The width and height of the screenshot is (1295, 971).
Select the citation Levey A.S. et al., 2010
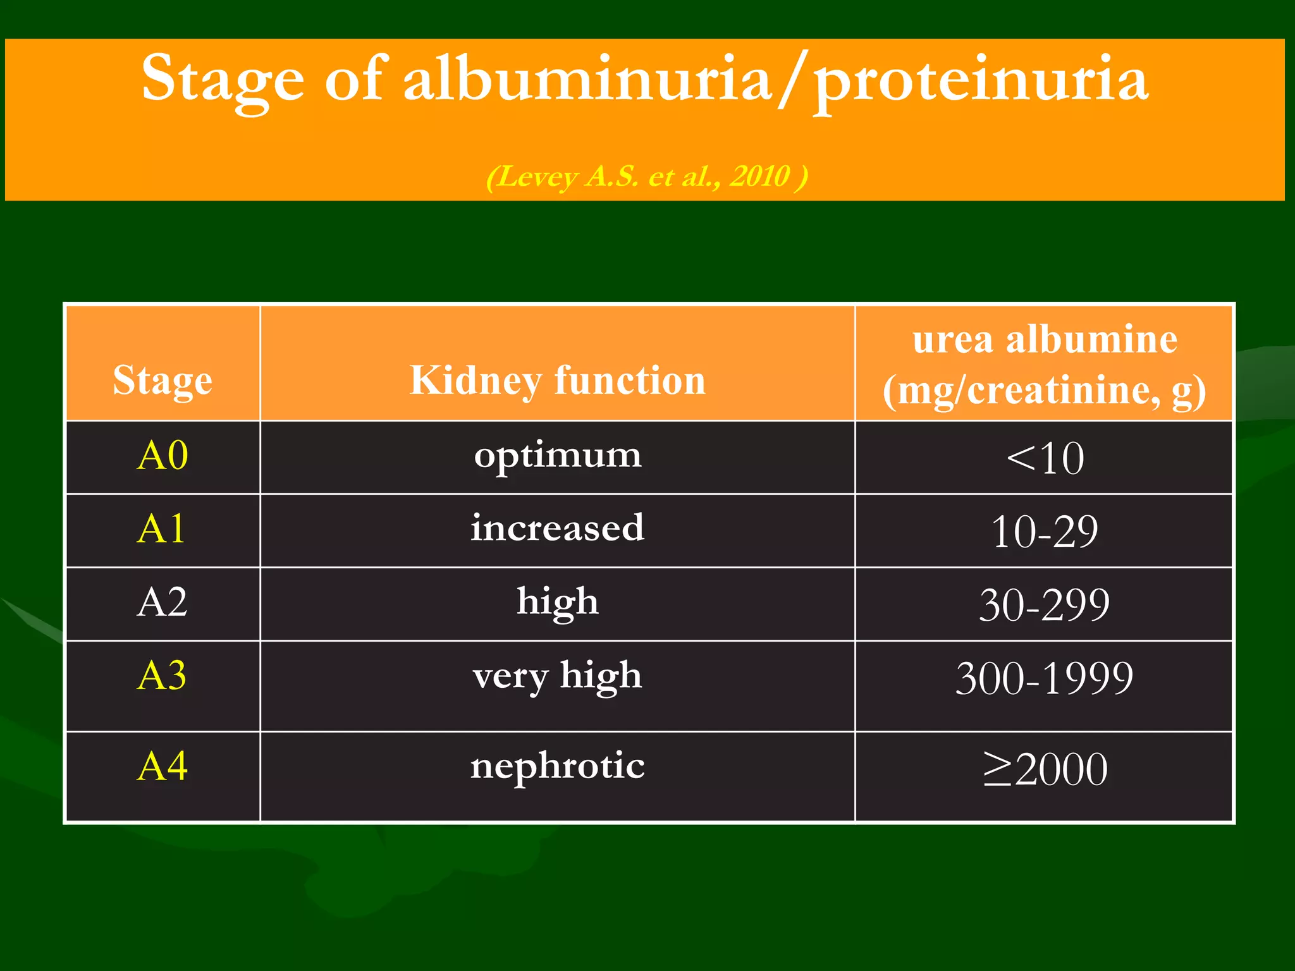(x=647, y=176)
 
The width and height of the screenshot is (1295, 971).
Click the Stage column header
(x=163, y=381)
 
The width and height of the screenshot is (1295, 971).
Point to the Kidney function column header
(x=557, y=381)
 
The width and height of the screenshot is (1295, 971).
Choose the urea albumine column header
(x=1044, y=365)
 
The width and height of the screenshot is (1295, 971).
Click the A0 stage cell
(x=163, y=456)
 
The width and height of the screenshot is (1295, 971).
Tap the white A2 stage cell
(x=162, y=602)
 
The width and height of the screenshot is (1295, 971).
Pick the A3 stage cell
(x=162, y=676)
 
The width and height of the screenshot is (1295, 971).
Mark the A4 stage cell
(x=163, y=767)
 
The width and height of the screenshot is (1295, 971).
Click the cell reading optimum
(x=557, y=456)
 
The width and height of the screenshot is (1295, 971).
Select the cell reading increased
(x=557, y=528)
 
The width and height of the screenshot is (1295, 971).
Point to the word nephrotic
(x=557, y=767)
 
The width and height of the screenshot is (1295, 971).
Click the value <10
(x=1045, y=458)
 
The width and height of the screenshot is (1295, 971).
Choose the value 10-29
(x=1045, y=532)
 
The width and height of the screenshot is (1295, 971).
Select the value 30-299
(x=1044, y=605)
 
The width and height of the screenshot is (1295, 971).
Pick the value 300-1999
(x=1044, y=678)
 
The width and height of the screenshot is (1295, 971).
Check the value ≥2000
(x=1045, y=769)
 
